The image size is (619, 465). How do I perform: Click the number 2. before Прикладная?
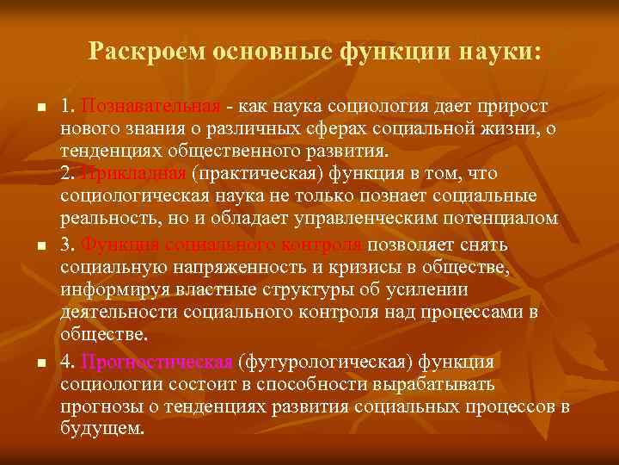point(70,172)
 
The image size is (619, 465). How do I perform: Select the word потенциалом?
point(502,218)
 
